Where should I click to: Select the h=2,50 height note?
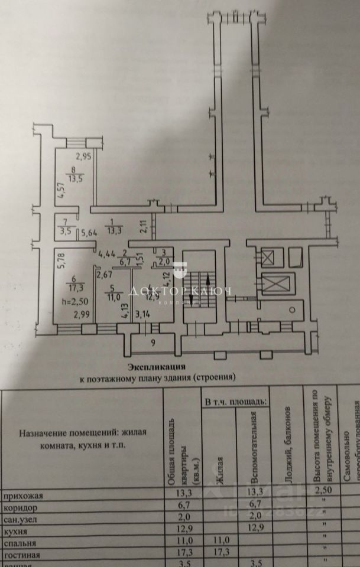pyautogui.click(x=74, y=301)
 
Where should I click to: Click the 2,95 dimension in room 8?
pyautogui.click(x=84, y=157)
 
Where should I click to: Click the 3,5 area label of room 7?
pyautogui.click(x=65, y=232)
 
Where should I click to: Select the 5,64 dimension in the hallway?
pyautogui.click(x=89, y=232)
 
